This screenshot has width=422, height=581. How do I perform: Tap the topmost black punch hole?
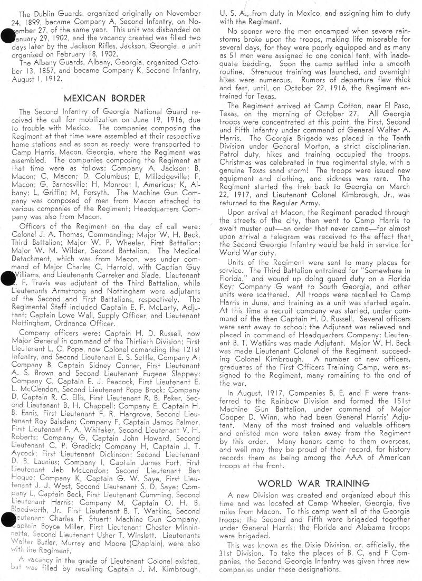[x=7, y=37]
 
